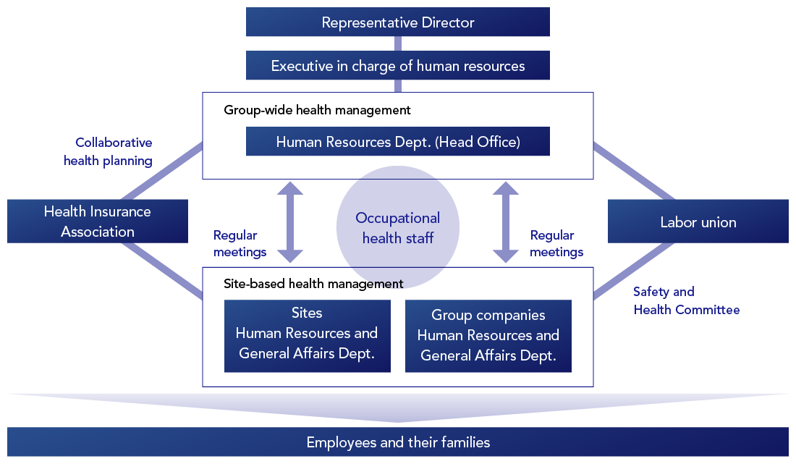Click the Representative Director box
398,22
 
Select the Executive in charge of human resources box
398,66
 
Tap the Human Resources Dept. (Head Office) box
398,142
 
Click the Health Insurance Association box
98,222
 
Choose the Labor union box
698,222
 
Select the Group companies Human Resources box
488,336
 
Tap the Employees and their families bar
398,442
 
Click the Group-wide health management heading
317,110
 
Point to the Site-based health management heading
313,284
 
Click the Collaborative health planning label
109,152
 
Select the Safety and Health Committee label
686,300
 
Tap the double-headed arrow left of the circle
291,222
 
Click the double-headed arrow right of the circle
506,222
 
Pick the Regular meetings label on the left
240,243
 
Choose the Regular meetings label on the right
556,243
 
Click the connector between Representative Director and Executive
398,43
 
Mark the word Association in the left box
98,232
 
